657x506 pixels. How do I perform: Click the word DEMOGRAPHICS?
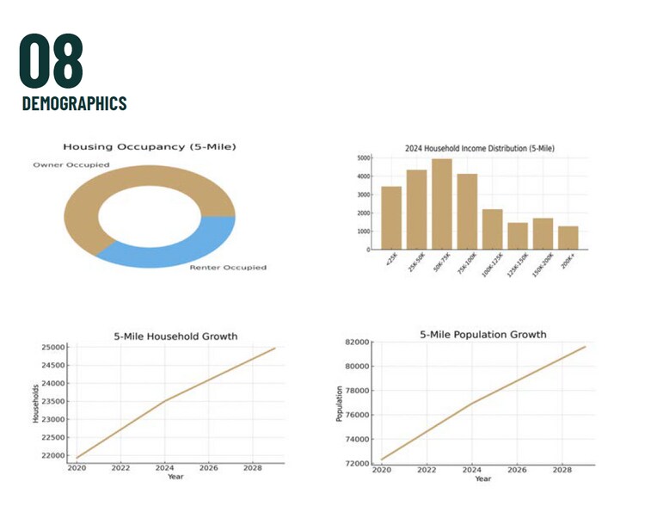click(74, 103)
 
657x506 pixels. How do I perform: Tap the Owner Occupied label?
click(71, 164)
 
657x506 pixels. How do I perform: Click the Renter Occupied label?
click(227, 268)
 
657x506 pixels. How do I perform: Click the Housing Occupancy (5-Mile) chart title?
click(149, 147)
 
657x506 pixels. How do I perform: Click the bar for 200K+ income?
click(568, 238)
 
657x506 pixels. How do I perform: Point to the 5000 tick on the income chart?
click(364, 158)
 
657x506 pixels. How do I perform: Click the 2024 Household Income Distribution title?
click(479, 148)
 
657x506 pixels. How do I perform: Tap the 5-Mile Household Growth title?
click(175, 336)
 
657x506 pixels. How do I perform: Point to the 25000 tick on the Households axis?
click(53, 348)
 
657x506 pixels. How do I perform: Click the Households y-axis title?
click(34, 403)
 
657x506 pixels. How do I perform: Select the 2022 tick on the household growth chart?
click(120, 468)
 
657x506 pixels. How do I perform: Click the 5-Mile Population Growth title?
click(482, 334)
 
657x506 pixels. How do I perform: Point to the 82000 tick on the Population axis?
click(357, 342)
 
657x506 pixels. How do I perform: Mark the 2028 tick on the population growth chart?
click(562, 470)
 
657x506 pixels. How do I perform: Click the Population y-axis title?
click(339, 403)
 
